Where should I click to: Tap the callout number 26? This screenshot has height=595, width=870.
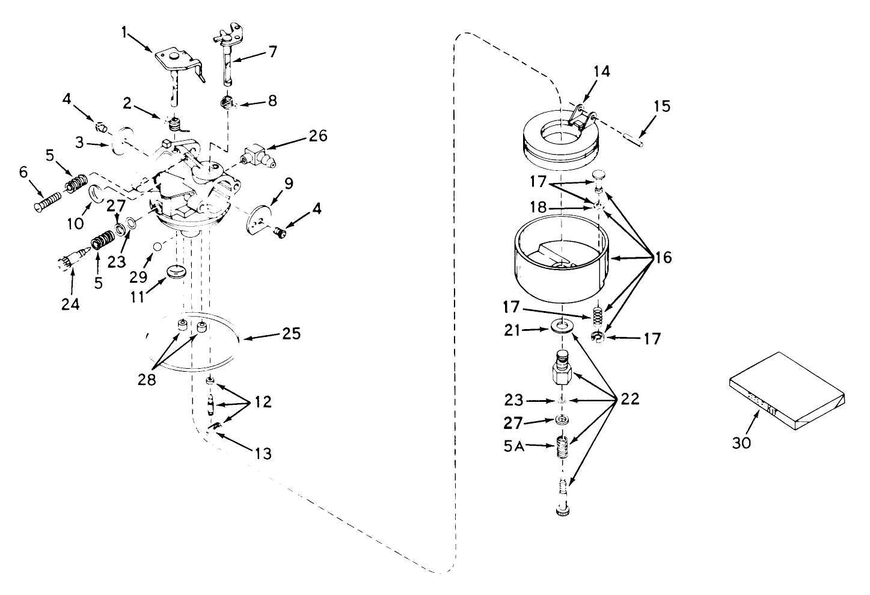point(319,136)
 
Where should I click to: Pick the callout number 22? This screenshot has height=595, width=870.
point(630,399)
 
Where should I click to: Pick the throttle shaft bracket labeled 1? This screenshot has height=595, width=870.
point(179,64)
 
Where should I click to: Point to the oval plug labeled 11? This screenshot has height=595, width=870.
point(177,271)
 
